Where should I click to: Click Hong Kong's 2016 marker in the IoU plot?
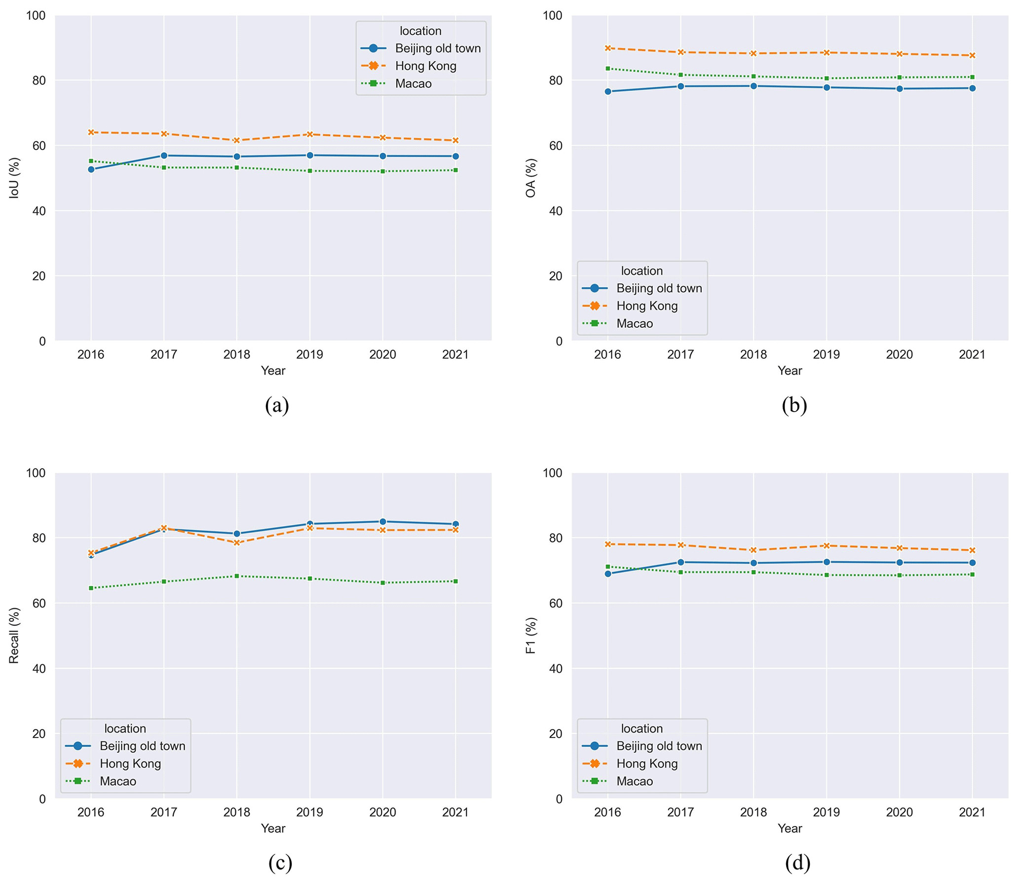[91, 132]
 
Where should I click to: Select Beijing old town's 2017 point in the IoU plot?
[164, 155]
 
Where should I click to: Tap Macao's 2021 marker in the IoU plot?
[455, 170]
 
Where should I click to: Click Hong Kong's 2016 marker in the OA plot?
[607, 48]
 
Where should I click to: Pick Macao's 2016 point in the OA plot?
[607, 69]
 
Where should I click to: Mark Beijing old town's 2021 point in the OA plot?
[972, 88]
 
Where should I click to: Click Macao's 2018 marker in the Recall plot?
[237, 576]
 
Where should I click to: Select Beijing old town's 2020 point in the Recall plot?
[382, 522]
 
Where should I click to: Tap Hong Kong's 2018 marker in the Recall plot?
[237, 543]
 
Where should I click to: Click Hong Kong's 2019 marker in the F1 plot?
[827, 545]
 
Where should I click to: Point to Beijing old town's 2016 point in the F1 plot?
[607, 574]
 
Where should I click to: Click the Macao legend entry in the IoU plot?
[413, 84]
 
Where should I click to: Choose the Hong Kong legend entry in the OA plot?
[646, 306]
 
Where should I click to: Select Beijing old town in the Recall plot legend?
[142, 746]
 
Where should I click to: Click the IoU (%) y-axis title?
[14, 178]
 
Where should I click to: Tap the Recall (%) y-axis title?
[14, 635]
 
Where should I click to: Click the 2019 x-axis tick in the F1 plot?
[827, 812]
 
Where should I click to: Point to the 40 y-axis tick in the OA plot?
[556, 211]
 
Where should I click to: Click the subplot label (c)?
[280, 863]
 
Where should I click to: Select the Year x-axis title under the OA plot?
[790, 371]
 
